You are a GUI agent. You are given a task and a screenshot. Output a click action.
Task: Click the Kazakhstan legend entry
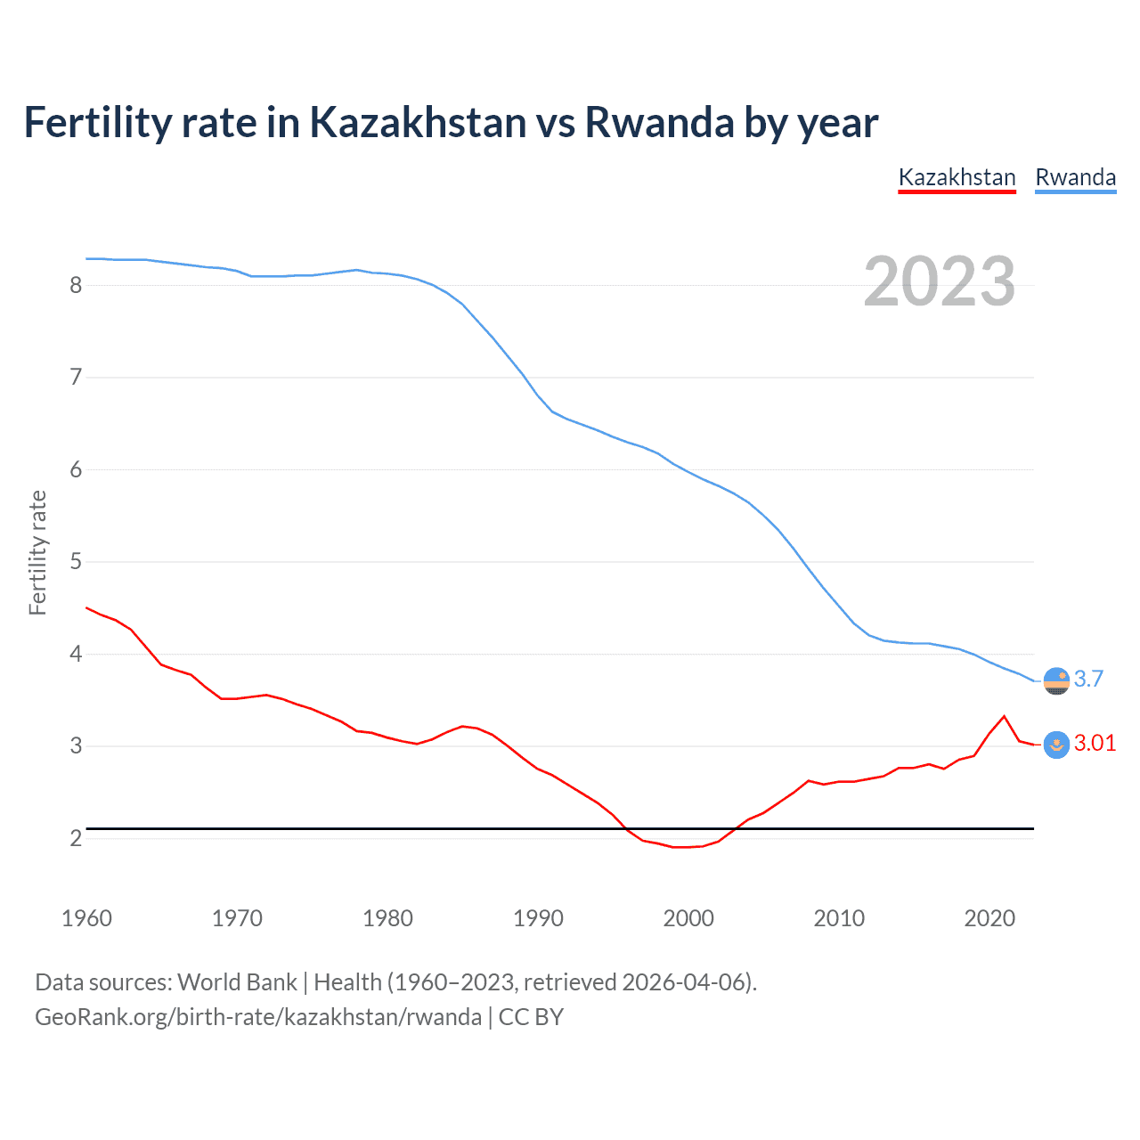coord(957,177)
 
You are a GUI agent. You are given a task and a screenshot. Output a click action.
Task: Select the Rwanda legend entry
coord(1075,177)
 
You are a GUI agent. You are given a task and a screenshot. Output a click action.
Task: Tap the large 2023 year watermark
coord(939,281)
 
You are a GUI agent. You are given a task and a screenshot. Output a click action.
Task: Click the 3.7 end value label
coord(1088,679)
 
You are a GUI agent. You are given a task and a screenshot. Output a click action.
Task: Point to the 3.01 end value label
coord(1095,743)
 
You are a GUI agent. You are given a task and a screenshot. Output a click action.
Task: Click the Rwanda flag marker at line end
coord(1056,680)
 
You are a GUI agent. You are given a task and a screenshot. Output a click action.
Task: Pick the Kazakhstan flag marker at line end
coord(1056,745)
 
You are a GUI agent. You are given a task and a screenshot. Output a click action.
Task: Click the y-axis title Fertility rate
coord(37,552)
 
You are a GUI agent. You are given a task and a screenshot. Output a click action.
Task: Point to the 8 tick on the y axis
coord(76,285)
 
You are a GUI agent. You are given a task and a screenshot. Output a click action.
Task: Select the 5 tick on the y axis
coord(76,562)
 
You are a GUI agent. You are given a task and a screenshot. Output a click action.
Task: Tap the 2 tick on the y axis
coord(76,838)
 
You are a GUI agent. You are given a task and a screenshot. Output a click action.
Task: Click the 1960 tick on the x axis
coord(86,918)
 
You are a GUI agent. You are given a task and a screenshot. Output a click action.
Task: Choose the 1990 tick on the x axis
coord(538,918)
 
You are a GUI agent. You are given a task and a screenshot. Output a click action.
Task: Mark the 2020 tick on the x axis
coord(989,918)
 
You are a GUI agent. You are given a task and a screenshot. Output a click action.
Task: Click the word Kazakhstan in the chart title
coord(418,122)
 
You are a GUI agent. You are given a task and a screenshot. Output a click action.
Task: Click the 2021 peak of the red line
coord(1004,716)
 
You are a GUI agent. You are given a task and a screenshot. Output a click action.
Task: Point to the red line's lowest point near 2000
coord(681,847)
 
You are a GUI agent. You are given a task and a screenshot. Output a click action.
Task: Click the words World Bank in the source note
coord(237,982)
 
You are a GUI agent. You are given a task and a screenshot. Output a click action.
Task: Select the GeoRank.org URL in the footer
coord(258,1017)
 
